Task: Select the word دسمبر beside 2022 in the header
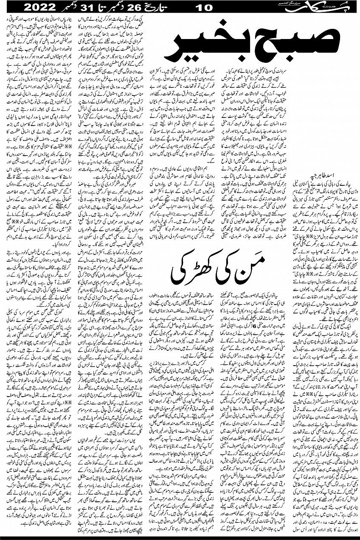[x=79, y=7]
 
